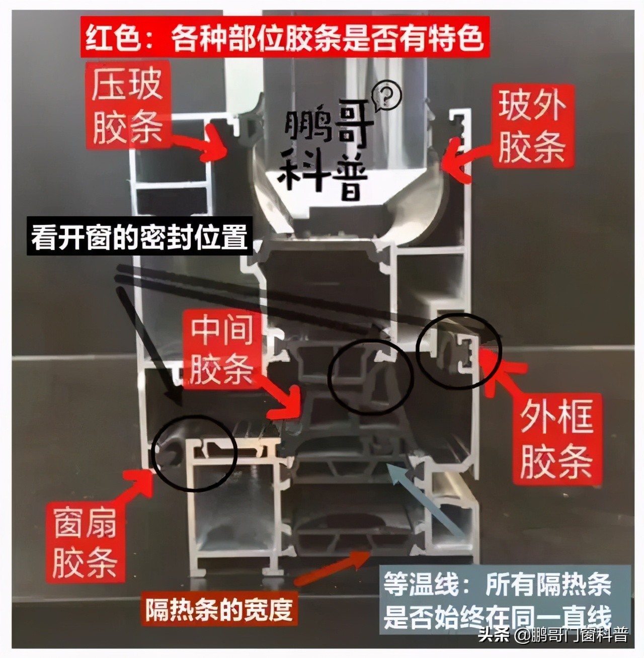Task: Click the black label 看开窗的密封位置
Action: click(139, 237)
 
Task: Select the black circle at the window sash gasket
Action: click(194, 448)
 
